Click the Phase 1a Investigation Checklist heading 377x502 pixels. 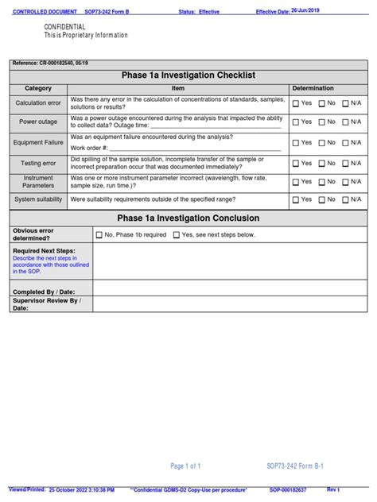click(x=188, y=75)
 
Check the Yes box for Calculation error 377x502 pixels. click(x=296, y=103)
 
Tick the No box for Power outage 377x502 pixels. click(x=322, y=122)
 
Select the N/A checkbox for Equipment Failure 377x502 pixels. click(x=345, y=143)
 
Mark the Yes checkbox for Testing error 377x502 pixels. click(x=296, y=163)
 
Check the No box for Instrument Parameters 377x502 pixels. click(x=322, y=182)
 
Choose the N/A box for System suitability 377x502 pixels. click(x=345, y=199)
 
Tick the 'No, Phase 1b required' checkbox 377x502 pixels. click(x=99, y=235)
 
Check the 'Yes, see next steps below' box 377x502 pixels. click(x=177, y=235)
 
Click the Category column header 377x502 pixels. click(x=38, y=88)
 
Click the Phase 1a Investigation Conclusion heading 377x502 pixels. click(x=188, y=218)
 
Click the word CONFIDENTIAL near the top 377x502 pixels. click(x=64, y=27)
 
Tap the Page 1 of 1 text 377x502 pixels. click(x=185, y=466)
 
